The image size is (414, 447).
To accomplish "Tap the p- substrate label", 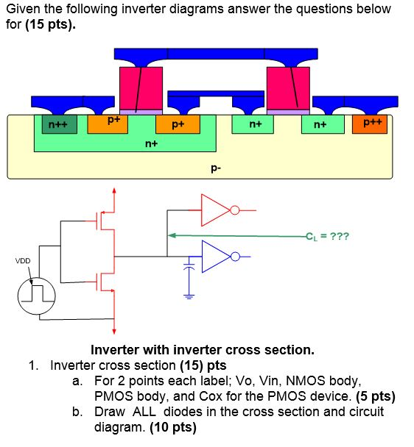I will [x=214, y=168].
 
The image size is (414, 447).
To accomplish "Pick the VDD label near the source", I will [x=24, y=260].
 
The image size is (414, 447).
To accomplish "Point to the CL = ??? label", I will [x=329, y=236].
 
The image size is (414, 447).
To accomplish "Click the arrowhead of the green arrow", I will [x=172, y=236].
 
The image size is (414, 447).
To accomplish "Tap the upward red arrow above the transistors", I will [x=113, y=193].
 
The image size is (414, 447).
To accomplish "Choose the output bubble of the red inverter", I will [x=234, y=211].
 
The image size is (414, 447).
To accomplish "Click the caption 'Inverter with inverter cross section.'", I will [x=202, y=350].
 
